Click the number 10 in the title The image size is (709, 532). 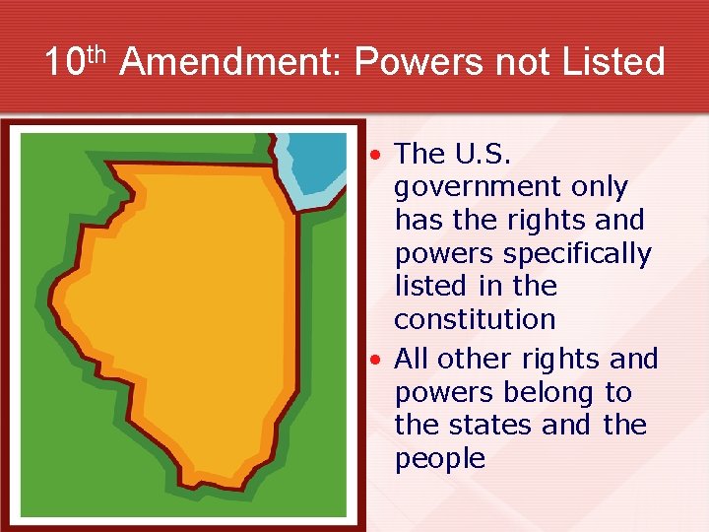click(x=66, y=63)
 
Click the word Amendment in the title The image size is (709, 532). click(x=231, y=63)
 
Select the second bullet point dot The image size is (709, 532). click(x=376, y=360)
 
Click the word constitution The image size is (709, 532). click(x=475, y=319)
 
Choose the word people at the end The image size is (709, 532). click(x=439, y=459)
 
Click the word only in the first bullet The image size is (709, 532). click(x=596, y=187)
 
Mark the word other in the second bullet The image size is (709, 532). click(x=477, y=359)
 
